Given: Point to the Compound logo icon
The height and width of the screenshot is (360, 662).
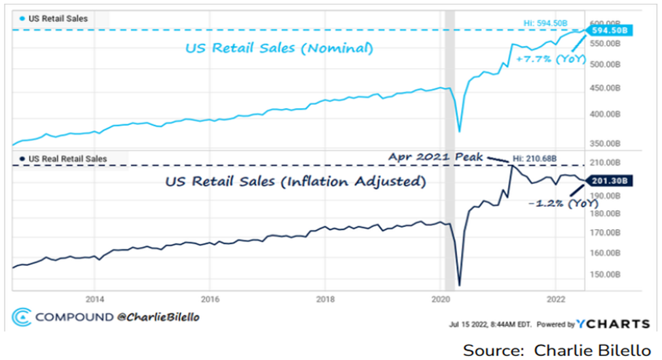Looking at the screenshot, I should [22, 317].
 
